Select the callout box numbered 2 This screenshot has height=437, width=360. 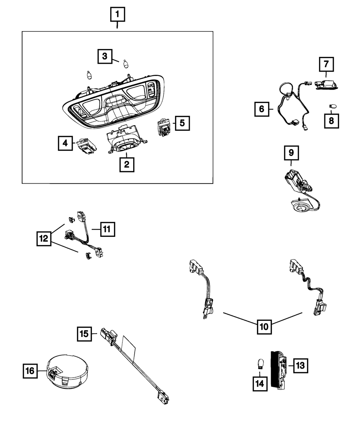point(126,165)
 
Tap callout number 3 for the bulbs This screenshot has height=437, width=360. point(105,56)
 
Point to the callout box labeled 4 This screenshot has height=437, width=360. point(65,143)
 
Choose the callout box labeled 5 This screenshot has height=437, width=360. point(182,123)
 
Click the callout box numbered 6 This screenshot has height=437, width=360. point(261,108)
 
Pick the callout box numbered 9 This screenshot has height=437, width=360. point(291,153)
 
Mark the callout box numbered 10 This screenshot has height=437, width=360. point(264,327)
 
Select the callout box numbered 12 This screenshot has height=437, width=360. point(44,238)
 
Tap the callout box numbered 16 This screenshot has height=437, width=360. point(31,370)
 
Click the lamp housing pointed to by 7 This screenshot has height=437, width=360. point(327,86)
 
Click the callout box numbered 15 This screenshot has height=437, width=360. point(84,334)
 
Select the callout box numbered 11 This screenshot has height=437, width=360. point(107,229)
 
